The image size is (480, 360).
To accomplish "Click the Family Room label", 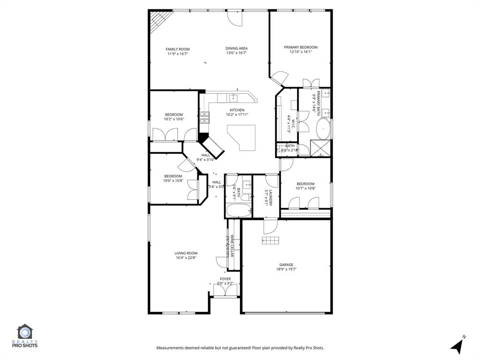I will [x=177, y=49].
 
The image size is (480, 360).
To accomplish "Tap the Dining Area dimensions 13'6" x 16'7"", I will [x=236, y=53].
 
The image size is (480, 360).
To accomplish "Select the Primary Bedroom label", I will [x=300, y=47].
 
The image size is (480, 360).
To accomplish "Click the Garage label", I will [x=286, y=264].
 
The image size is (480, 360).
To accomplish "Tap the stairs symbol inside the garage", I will [x=270, y=240].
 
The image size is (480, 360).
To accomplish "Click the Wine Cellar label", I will [x=232, y=246].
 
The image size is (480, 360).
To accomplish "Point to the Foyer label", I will [x=225, y=279].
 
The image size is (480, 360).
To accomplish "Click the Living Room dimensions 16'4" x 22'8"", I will [x=186, y=257].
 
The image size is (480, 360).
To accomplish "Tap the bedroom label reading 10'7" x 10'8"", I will [x=305, y=188].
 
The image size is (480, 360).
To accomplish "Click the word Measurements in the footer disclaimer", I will [x=172, y=348].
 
